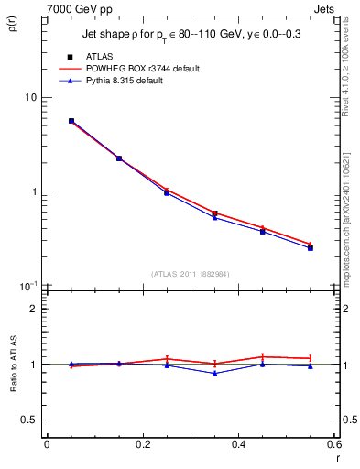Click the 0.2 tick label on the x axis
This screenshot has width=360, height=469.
(142, 445)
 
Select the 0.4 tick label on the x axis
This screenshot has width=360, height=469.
(238, 445)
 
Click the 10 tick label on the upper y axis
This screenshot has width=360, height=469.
(30, 98)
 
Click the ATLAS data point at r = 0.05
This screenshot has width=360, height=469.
(71, 121)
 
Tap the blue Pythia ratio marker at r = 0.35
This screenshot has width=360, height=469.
(214, 373)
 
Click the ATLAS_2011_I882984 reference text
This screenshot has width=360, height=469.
(190, 274)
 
